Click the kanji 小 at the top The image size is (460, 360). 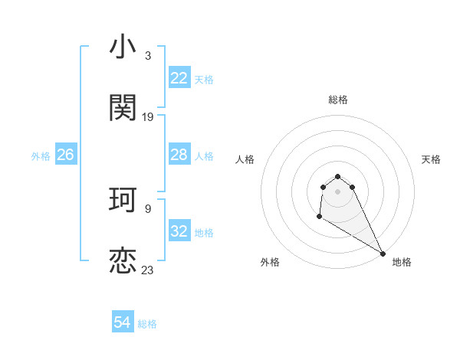pyautogui.click(x=123, y=47)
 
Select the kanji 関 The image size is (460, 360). pyautogui.click(x=123, y=108)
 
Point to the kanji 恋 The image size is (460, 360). pyautogui.click(x=123, y=260)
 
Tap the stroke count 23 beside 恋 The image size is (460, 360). pyautogui.click(x=147, y=270)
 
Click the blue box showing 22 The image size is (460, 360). pyautogui.click(x=179, y=78)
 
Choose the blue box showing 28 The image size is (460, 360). pyautogui.click(x=179, y=155)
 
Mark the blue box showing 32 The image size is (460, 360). pyautogui.click(x=179, y=231)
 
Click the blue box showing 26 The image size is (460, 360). pyautogui.click(x=65, y=155)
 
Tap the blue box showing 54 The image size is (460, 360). pyautogui.click(x=123, y=322)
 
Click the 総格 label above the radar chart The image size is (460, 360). pyautogui.click(x=338, y=100)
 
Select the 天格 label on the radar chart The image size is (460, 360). pyautogui.click(x=431, y=159)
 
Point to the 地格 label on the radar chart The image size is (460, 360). pyautogui.click(x=402, y=262)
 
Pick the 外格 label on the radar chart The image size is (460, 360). pyautogui.click(x=270, y=262)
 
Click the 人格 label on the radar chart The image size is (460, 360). pyautogui.click(x=245, y=159)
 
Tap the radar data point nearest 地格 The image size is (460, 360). pyautogui.click(x=383, y=254)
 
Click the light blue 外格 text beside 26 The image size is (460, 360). pyautogui.click(x=41, y=155)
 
